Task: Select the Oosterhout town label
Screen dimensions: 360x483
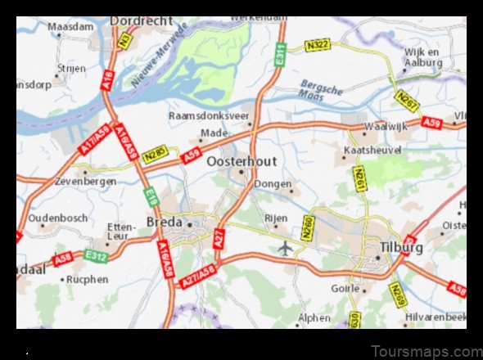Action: pos(241,161)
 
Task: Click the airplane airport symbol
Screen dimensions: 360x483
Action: pos(285,246)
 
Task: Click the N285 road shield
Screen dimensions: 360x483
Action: pos(156,153)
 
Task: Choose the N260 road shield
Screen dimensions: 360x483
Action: pos(308,227)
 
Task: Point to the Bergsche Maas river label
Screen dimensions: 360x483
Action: pos(322,89)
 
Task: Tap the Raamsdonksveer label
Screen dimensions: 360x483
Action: pos(209,116)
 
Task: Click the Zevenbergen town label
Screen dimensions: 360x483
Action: pos(85,182)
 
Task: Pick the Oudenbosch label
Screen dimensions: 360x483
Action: pos(57,218)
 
